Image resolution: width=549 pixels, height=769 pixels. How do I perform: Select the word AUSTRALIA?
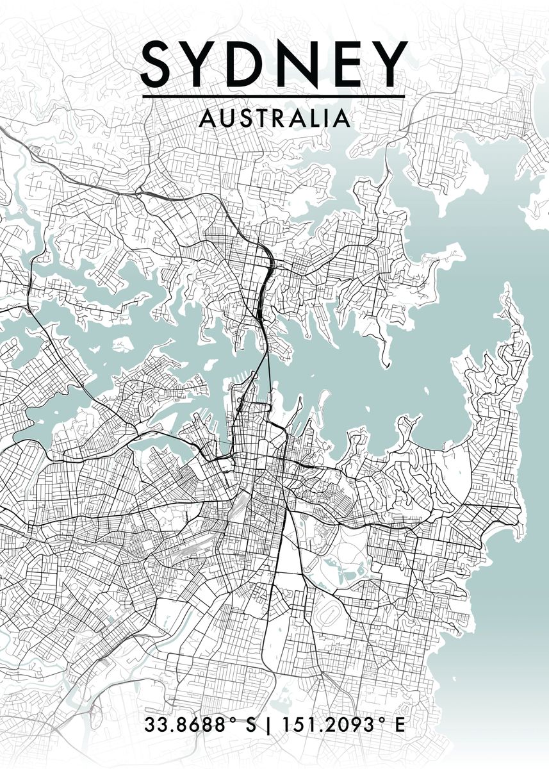(x=275, y=118)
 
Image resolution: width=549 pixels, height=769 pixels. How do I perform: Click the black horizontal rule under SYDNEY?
(x=274, y=97)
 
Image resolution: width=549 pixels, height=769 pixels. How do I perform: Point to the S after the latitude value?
(x=250, y=725)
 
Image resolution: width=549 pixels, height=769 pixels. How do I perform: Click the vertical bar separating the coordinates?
(x=267, y=725)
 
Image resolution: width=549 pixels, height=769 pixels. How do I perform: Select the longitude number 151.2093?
(x=326, y=725)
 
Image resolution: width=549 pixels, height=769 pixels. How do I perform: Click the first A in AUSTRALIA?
(x=206, y=118)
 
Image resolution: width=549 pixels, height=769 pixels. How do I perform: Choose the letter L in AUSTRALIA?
(x=316, y=118)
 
